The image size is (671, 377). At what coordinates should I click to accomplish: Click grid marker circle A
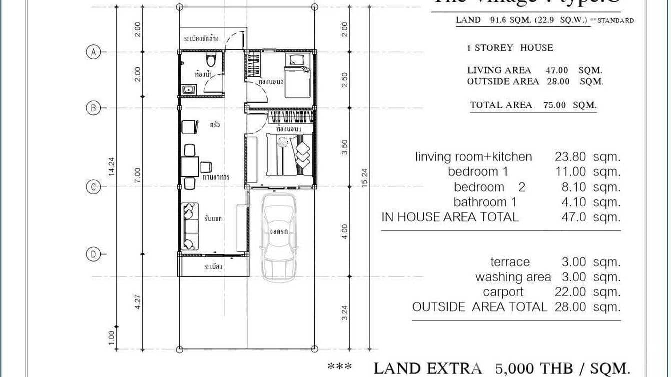click(93, 51)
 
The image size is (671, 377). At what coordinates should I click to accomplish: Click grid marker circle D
click(93, 254)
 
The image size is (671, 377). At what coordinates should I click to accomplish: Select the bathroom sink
click(189, 90)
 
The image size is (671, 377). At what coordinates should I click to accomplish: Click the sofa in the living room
click(190, 226)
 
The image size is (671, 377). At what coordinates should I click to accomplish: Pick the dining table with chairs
click(191, 167)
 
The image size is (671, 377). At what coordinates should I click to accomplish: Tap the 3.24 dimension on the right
click(344, 313)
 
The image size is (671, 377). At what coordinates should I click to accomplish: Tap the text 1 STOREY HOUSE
click(510, 48)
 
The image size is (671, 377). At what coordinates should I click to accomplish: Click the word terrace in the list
click(510, 262)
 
